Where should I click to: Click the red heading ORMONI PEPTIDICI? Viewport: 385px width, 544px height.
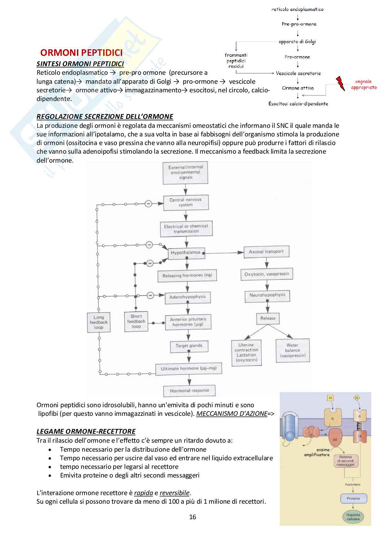tap(81, 52)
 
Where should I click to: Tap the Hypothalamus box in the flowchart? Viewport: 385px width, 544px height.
tap(186, 253)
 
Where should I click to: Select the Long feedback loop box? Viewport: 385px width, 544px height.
tap(99, 322)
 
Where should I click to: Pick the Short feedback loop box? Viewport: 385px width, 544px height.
tap(136, 321)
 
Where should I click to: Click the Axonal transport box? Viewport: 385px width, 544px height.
tap(266, 252)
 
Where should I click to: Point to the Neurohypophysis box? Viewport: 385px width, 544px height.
tap(267, 295)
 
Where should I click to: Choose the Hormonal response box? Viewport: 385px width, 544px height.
tap(189, 391)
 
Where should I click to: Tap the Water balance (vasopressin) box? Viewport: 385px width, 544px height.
tap(293, 350)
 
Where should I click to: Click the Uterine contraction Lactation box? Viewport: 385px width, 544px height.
tap(246, 352)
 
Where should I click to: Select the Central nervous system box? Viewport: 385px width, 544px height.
tap(186, 203)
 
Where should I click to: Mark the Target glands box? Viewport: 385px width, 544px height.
tap(189, 346)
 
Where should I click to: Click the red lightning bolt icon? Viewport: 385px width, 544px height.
tap(340, 83)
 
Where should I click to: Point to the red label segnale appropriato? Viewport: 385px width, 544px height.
tap(364, 84)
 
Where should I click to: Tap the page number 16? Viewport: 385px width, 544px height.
tap(192, 517)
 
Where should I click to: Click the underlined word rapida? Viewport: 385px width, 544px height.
tap(144, 493)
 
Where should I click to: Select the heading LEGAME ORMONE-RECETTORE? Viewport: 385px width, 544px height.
tap(86, 431)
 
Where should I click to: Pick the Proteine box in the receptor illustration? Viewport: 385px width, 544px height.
tap(353, 499)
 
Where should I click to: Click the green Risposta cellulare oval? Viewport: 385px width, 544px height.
tap(353, 517)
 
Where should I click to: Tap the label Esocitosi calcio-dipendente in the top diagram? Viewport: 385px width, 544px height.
tap(298, 104)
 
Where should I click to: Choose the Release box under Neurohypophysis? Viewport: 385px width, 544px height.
tap(268, 319)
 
